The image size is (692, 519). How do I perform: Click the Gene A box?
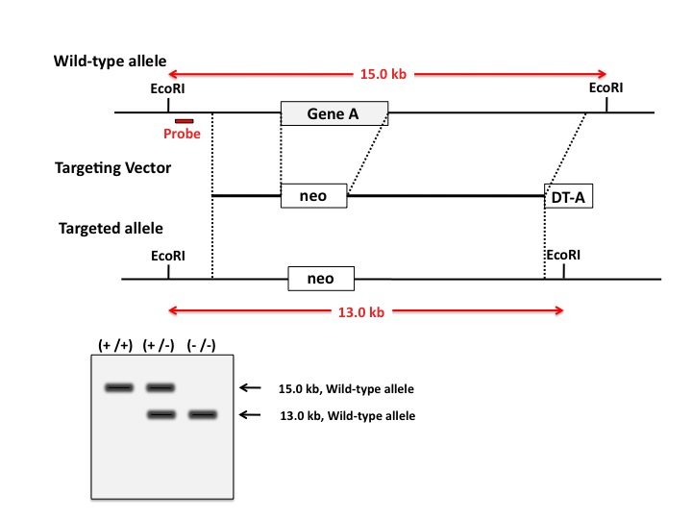[x=334, y=113]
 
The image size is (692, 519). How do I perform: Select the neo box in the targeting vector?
[x=313, y=196]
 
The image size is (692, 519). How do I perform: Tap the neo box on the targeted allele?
[x=321, y=279]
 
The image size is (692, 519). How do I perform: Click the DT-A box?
[x=568, y=197]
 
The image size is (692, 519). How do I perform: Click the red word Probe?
[x=182, y=134]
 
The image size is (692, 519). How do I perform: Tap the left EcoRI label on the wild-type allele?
[x=169, y=88]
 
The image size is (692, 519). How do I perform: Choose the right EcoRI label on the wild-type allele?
[x=606, y=87]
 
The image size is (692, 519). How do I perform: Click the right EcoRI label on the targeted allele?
[x=563, y=257]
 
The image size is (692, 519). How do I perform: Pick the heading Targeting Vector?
[x=113, y=168]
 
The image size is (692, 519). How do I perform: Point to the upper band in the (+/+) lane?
[x=119, y=387]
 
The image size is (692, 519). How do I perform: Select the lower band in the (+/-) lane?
[x=161, y=414]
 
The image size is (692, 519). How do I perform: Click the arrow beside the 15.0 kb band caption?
[x=250, y=387]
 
